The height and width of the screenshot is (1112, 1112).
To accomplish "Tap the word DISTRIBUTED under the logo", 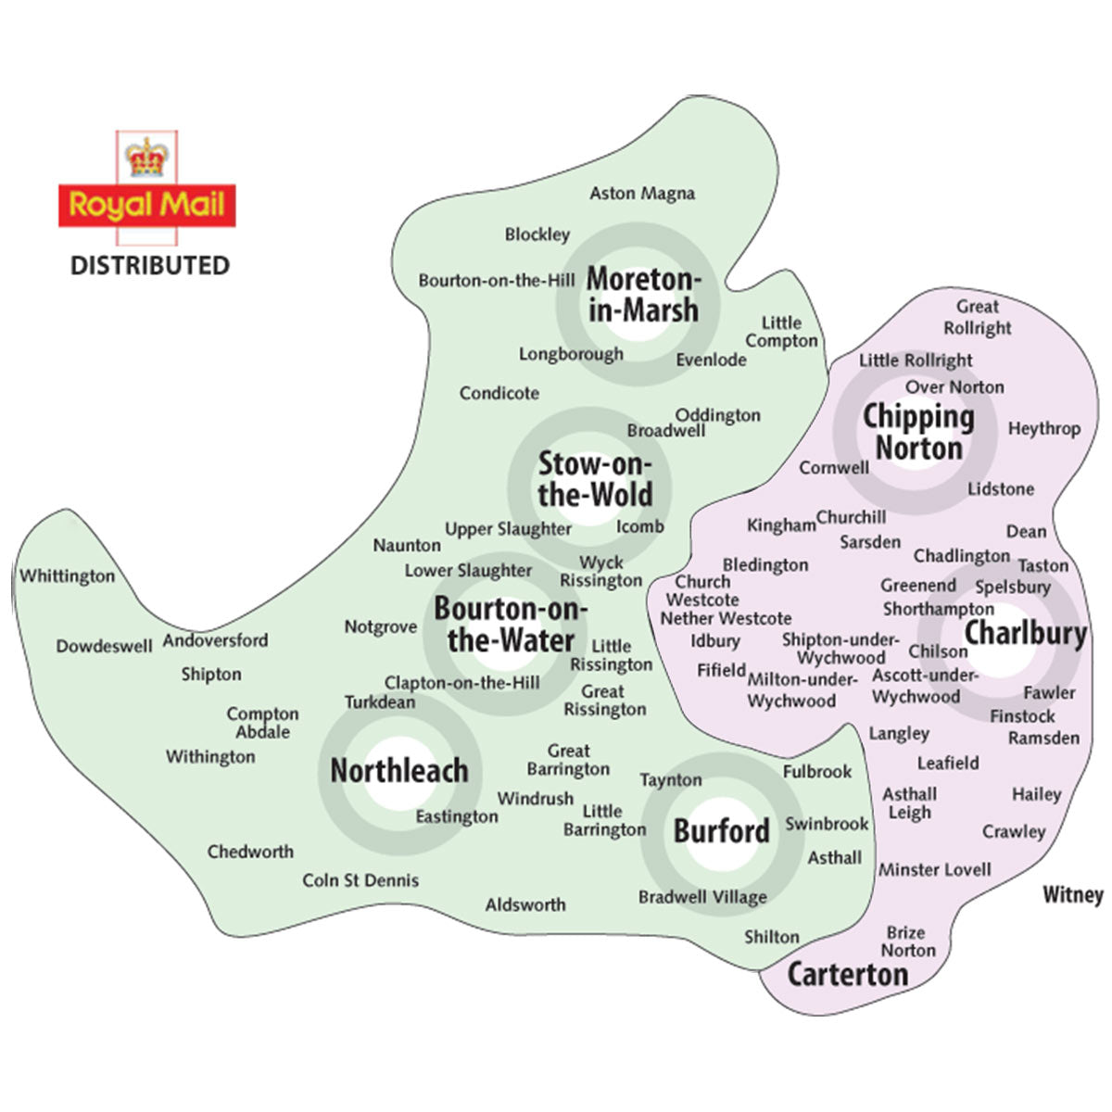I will coord(150,266).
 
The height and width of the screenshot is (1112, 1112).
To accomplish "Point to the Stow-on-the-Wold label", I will coord(595,479).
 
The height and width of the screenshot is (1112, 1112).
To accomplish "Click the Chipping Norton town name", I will coord(918,433).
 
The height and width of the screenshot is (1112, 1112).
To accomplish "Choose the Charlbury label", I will coord(1025,634).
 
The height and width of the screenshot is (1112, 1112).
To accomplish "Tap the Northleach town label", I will coord(399,770).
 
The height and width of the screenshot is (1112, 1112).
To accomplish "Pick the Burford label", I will coord(721,830).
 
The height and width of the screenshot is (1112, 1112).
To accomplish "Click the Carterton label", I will coord(847,974).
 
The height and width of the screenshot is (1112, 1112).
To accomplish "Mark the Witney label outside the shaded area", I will coord(1072,895).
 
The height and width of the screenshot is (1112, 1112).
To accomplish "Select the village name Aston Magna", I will coord(642,194).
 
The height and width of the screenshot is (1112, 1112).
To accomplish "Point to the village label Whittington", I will coord(68,576).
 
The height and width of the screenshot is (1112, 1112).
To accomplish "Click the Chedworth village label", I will coord(250,852).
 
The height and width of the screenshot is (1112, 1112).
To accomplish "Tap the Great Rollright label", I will coord(978,317).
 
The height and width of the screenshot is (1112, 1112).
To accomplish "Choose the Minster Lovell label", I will coord(934,870).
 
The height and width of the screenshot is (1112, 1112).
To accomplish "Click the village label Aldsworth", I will coord(525,904).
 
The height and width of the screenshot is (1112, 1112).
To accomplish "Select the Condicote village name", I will coord(499,394).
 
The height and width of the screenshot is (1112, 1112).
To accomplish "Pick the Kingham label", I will coord(781,525).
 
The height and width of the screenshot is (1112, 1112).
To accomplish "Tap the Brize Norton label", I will coord(908,941).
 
